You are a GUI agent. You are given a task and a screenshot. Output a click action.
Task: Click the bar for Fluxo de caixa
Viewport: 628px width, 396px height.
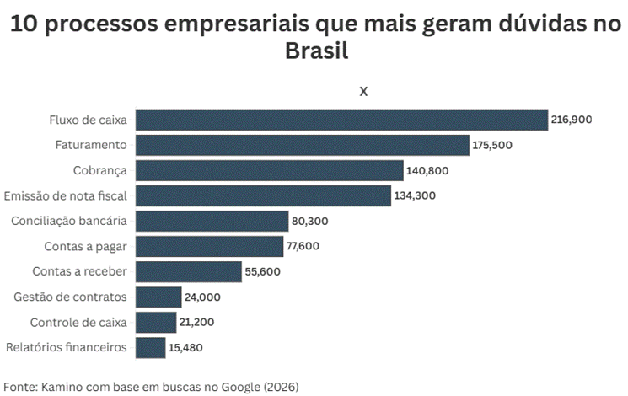click(x=341, y=120)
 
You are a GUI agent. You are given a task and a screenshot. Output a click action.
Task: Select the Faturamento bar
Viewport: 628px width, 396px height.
click(x=302, y=145)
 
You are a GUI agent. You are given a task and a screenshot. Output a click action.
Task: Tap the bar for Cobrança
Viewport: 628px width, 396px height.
click(x=269, y=170)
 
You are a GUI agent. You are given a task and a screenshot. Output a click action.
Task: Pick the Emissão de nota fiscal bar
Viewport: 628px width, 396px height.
click(x=263, y=195)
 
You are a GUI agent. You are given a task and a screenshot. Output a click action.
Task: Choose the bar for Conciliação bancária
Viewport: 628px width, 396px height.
click(x=212, y=221)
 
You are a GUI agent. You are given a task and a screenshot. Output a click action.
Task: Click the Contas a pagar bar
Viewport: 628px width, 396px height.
click(x=209, y=246)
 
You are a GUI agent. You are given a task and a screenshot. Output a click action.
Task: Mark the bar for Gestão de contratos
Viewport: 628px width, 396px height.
click(x=158, y=297)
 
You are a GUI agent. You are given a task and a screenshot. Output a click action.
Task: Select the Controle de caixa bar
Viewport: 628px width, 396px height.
click(x=156, y=322)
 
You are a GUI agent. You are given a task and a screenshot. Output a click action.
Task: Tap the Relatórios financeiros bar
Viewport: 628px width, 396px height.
click(x=150, y=347)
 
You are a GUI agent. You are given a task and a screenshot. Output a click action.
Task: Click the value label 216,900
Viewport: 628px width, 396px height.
click(x=572, y=120)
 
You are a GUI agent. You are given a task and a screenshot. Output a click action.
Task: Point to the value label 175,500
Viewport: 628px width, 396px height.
click(x=493, y=145)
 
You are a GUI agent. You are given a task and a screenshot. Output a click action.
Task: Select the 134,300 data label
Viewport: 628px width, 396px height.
click(x=414, y=195)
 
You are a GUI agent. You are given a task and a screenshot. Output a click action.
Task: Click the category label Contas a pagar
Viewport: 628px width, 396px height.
click(x=85, y=246)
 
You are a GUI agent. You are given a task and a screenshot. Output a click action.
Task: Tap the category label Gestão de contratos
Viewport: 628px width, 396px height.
click(x=71, y=297)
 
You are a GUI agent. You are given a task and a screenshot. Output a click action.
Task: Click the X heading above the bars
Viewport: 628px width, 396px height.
click(x=363, y=91)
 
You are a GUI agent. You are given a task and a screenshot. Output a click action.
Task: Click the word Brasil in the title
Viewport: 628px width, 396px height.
click(x=317, y=52)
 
